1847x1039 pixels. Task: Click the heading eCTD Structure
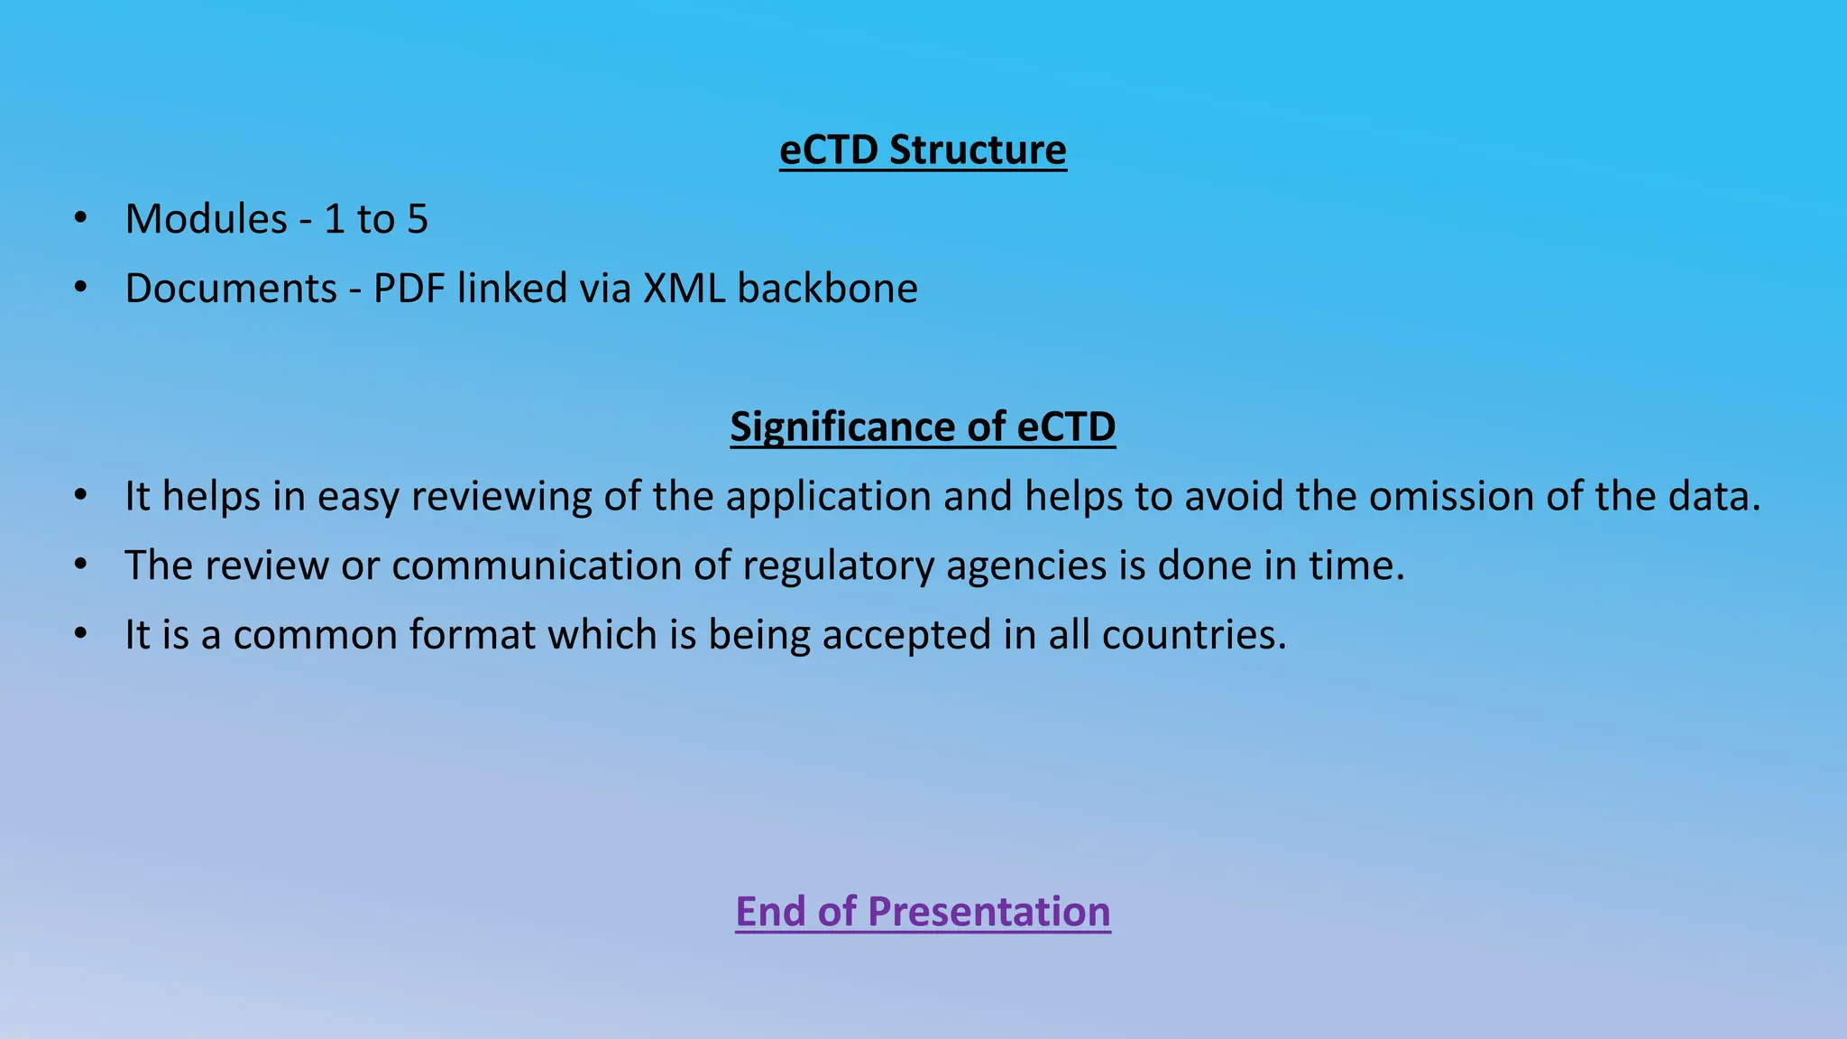923,150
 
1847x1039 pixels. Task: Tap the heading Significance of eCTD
923,427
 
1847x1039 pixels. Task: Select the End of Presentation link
923,911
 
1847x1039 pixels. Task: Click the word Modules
207,219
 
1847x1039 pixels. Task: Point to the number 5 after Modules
418,219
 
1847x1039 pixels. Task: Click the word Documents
231,289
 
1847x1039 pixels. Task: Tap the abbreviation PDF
409,289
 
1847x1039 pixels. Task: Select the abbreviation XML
684,289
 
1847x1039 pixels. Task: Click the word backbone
827,289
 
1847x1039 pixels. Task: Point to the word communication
538,565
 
